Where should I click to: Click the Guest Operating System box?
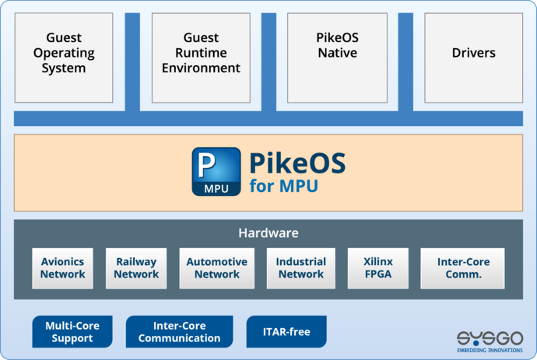click(65, 54)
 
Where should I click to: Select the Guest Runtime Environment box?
click(201, 54)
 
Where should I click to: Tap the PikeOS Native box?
click(337, 54)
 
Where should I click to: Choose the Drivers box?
click(473, 54)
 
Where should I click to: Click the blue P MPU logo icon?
click(216, 172)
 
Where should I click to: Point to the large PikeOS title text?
click(297, 164)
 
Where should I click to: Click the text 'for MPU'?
click(283, 187)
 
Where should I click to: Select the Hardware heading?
click(268, 233)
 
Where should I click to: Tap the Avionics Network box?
click(63, 268)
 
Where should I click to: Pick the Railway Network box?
click(136, 268)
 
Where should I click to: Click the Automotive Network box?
click(216, 268)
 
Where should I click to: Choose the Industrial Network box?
click(300, 268)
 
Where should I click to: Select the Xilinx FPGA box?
click(377, 268)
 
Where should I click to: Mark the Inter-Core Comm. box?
click(462, 268)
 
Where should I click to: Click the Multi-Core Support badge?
click(72, 332)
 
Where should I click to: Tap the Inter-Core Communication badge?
click(179, 332)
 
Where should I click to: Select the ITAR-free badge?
click(286, 332)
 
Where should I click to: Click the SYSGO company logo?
click(490, 337)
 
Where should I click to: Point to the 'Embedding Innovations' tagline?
click(490, 351)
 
